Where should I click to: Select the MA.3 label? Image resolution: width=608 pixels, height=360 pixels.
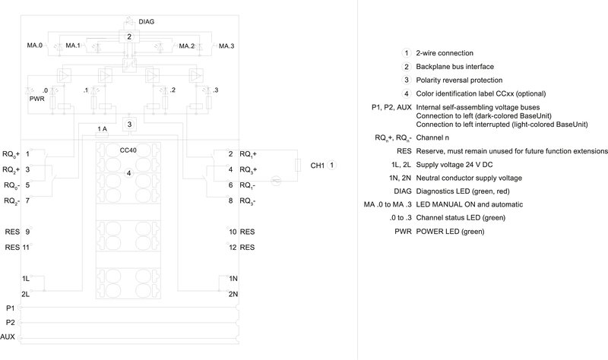(226, 46)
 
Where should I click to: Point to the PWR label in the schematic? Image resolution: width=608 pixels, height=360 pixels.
(36, 98)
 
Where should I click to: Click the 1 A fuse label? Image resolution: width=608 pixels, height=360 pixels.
(103, 129)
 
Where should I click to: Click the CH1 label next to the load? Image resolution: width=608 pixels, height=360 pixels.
(316, 164)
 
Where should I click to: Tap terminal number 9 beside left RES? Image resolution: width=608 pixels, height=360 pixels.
(27, 231)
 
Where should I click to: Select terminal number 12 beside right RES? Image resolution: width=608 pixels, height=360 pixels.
(233, 247)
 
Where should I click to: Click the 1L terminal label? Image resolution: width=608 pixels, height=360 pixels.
(26, 279)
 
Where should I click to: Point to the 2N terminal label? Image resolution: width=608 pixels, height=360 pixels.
(233, 293)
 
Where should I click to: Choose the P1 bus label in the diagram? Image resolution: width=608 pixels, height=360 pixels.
(10, 308)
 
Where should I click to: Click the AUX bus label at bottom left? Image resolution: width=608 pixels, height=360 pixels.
(8, 336)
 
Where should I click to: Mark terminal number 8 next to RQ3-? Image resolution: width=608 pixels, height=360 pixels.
(230, 201)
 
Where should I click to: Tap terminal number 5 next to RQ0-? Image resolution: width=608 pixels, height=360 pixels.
(27, 185)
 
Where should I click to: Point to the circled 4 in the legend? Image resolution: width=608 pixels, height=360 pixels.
(407, 93)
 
